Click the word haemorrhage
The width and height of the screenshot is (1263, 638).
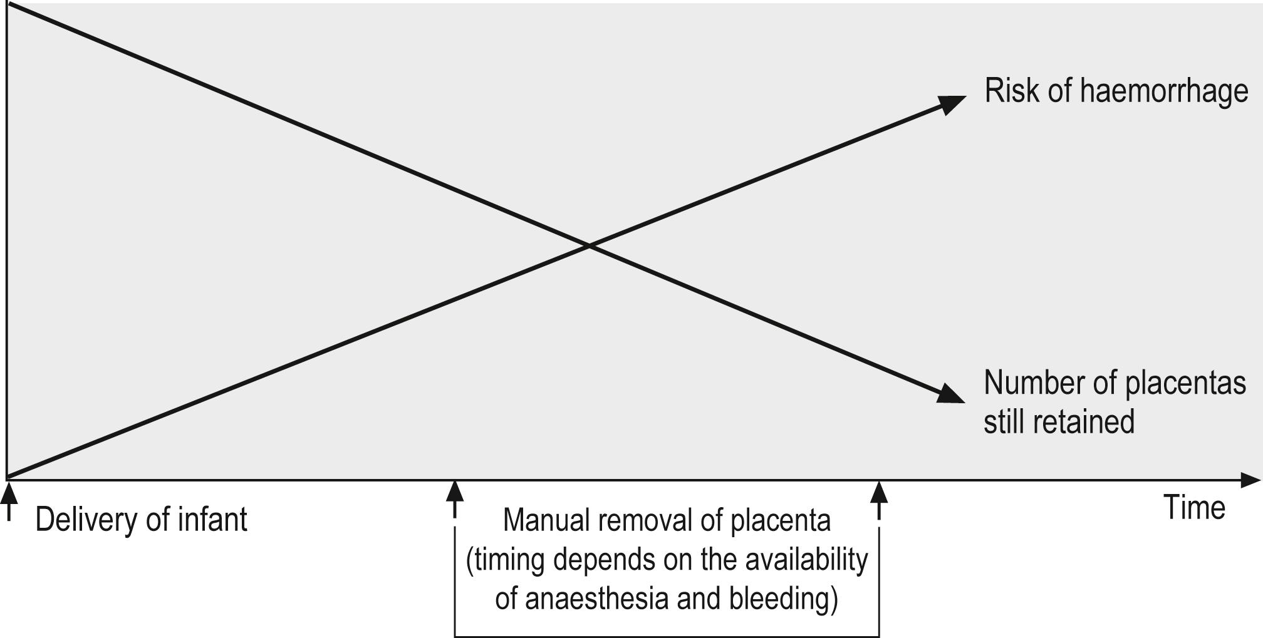pyautogui.click(x=1164, y=91)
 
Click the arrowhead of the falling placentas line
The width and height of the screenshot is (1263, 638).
pyautogui.click(x=951, y=394)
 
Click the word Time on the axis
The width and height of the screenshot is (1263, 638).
pyautogui.click(x=1194, y=507)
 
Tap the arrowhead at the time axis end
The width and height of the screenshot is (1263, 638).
pyautogui.click(x=1250, y=480)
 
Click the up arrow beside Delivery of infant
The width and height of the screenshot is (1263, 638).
pyautogui.click(x=8, y=501)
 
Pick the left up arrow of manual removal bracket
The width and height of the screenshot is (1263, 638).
pyautogui.click(x=455, y=498)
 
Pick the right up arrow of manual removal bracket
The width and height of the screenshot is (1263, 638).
pyautogui.click(x=879, y=498)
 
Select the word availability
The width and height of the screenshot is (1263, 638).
pyautogui.click(x=806, y=559)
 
